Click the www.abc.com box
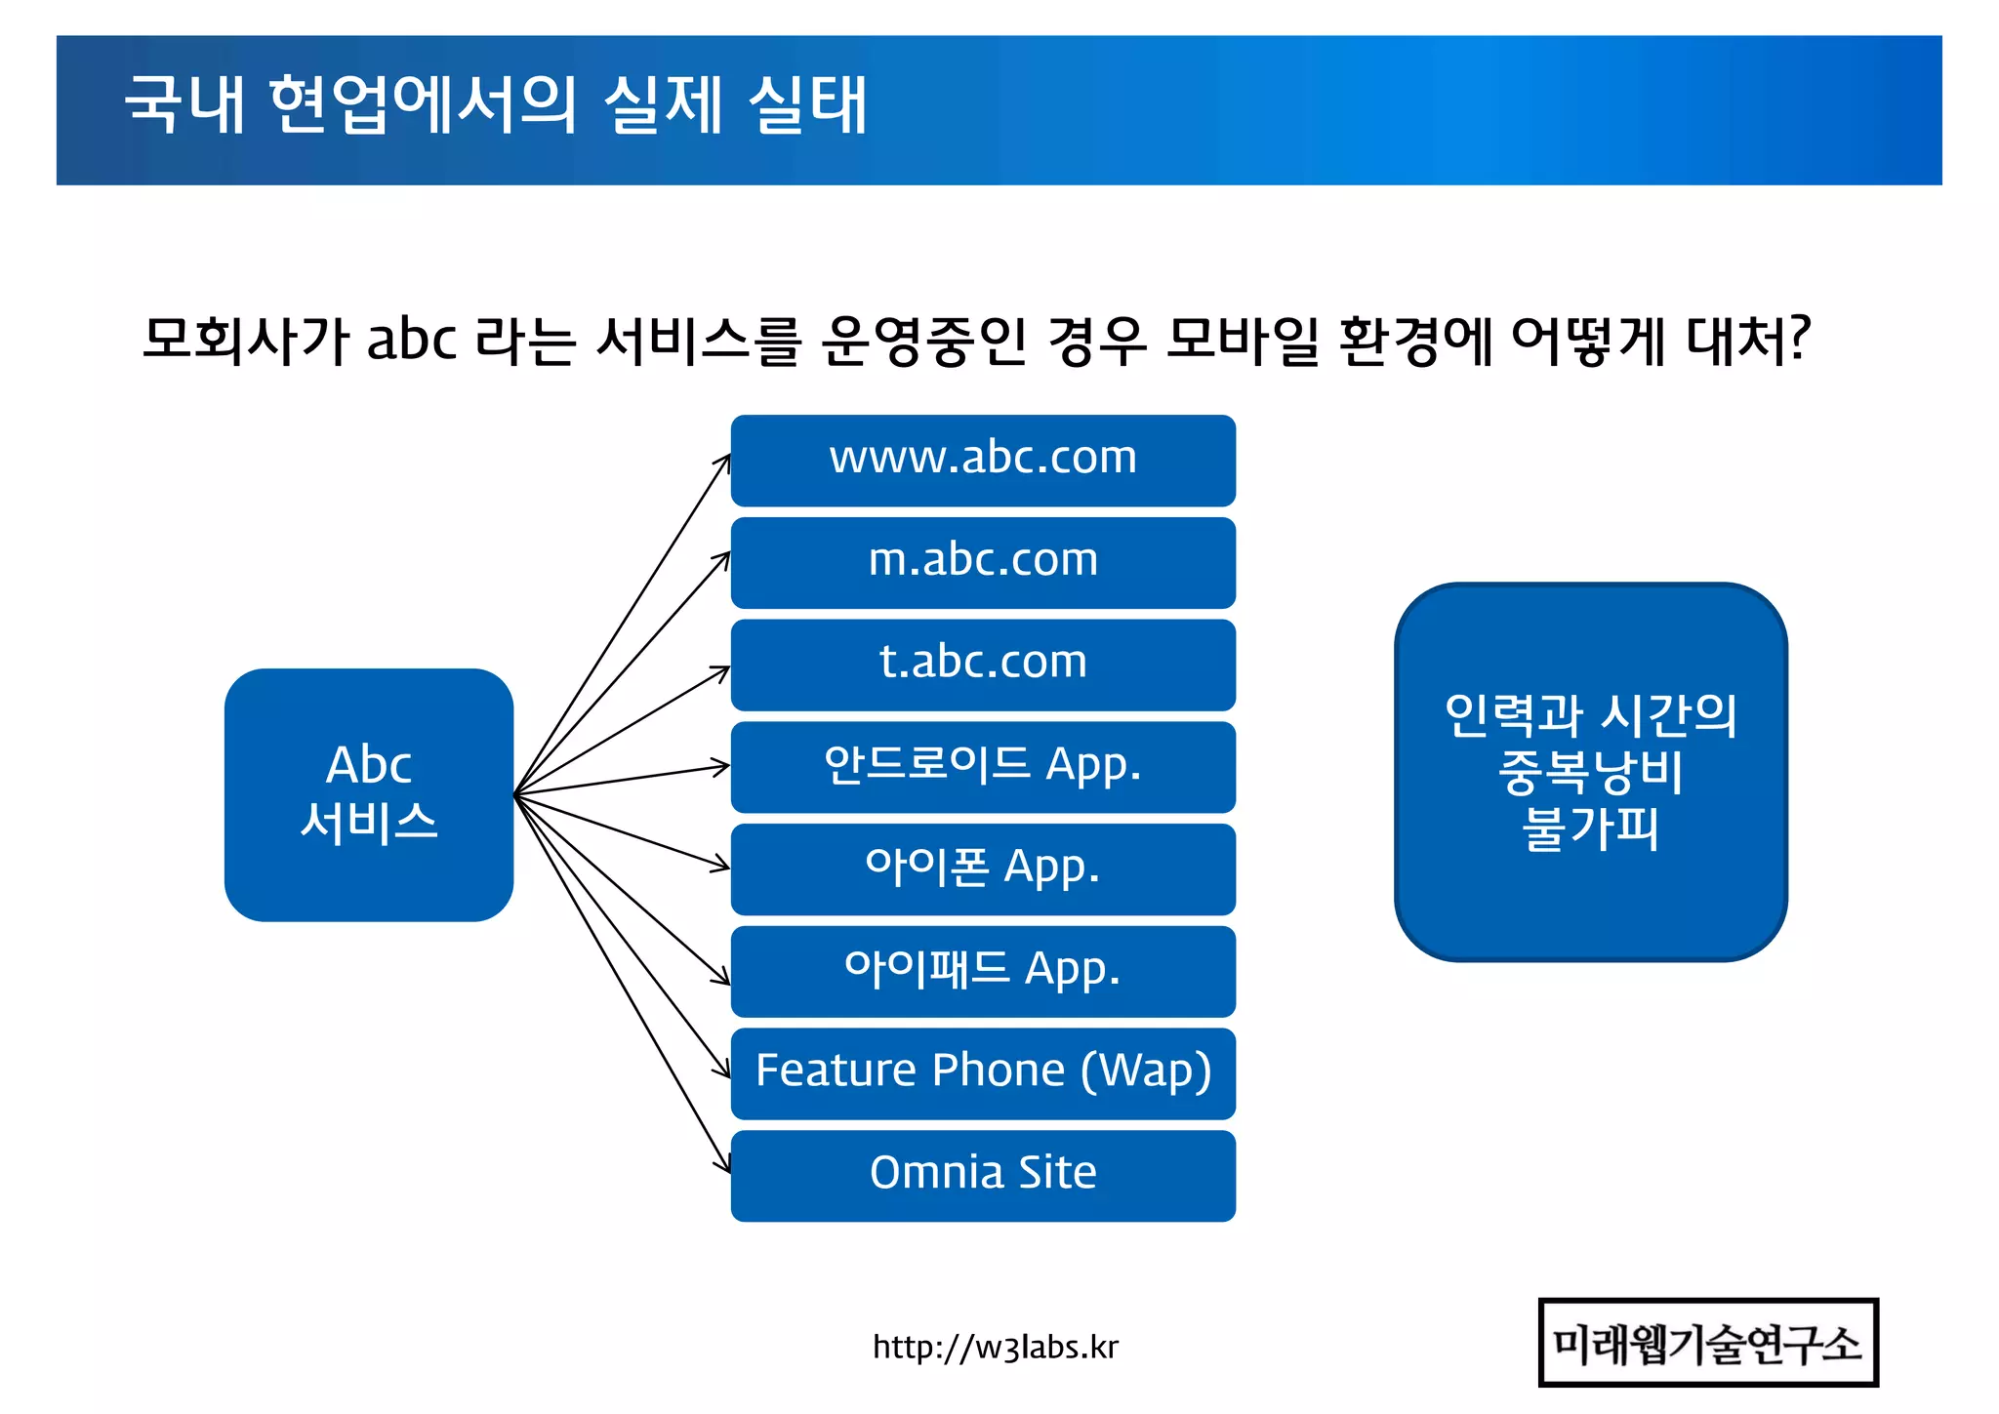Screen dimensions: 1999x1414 coord(983,460)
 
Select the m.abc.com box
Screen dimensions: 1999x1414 coord(983,562)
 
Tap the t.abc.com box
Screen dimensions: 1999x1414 coord(983,665)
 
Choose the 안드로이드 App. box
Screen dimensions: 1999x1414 coord(983,767)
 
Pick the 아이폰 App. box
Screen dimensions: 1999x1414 coord(983,869)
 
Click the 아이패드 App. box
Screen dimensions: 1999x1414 coord(983,971)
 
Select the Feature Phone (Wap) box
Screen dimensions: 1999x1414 coord(983,1072)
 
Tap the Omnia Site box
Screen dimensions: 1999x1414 coord(983,1175)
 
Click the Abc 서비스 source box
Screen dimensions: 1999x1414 coord(369,794)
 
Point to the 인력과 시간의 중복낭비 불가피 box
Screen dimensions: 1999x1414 coord(1591,772)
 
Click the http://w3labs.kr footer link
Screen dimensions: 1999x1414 coord(995,1348)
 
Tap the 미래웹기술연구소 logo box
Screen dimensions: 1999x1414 coord(1708,1343)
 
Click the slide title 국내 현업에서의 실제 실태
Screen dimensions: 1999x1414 coord(496,105)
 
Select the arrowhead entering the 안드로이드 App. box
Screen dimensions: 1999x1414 coord(721,767)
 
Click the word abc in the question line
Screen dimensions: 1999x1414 coord(412,341)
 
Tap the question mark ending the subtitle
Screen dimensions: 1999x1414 coord(1800,340)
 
